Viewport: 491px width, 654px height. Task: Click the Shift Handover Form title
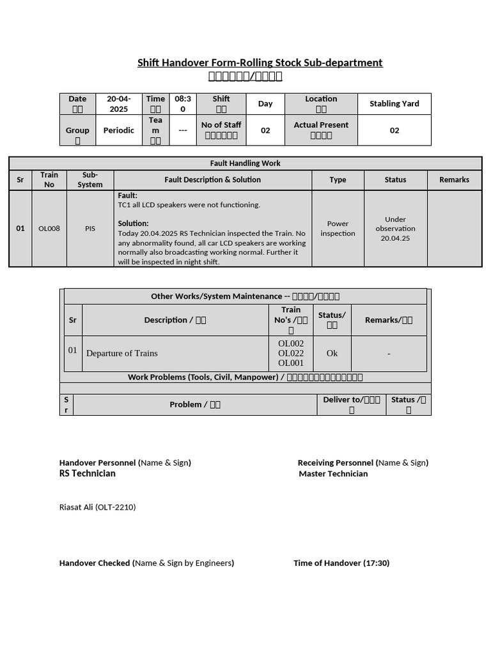[260, 63]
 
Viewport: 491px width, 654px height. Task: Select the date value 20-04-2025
[118, 103]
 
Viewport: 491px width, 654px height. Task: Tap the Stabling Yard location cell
[394, 103]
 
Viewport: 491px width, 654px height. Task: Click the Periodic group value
[118, 130]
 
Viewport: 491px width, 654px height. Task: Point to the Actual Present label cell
[321, 130]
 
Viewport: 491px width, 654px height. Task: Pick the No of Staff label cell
[221, 130]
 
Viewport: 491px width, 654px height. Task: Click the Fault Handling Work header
[245, 163]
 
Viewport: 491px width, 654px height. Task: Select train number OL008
[49, 228]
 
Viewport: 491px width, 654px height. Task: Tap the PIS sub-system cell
[90, 228]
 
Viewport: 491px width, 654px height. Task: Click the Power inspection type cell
[338, 228]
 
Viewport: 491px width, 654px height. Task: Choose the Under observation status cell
[395, 228]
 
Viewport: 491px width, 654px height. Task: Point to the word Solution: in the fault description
[133, 224]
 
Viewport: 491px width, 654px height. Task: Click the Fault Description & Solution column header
[212, 179]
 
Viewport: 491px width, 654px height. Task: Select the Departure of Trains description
[121, 353]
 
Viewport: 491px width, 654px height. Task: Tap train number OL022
[291, 353]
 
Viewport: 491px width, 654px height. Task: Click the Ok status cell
[332, 353]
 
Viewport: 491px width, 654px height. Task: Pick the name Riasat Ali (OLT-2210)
[97, 507]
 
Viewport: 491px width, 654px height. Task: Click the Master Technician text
[333, 474]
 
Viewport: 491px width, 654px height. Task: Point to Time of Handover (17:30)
[341, 563]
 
